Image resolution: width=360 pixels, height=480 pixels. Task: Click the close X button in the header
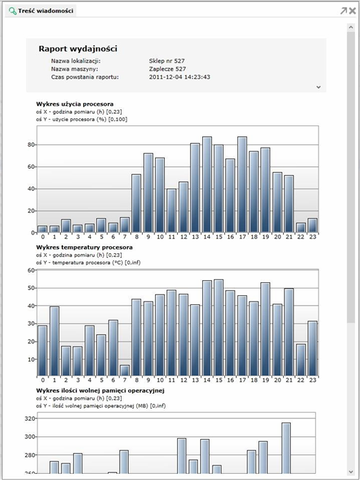point(352,11)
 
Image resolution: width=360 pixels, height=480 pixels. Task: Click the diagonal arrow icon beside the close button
point(344,11)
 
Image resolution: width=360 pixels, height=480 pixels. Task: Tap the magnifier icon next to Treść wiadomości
point(12,11)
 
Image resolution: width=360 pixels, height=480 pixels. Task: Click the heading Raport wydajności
point(78,48)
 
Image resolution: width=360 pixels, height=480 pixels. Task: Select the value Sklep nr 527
point(167,61)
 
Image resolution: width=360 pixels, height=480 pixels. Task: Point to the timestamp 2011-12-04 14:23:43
point(179,77)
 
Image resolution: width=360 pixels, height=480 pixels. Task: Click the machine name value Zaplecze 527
point(168,69)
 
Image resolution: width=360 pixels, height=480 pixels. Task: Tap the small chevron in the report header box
point(318,87)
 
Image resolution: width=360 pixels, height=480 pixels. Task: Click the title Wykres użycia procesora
point(75,104)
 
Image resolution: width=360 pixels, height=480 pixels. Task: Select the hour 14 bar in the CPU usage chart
point(207,185)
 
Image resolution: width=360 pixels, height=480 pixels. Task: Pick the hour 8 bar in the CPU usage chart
point(136,203)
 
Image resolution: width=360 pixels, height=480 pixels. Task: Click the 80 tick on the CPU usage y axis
point(30,145)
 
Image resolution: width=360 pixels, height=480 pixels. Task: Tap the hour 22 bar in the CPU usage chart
point(300,228)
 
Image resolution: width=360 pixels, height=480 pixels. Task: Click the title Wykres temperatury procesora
point(84,247)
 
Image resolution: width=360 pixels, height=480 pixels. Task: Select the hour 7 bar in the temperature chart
point(125,371)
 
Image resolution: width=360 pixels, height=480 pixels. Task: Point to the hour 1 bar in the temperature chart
point(54,342)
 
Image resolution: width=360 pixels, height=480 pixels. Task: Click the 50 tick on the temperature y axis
point(30,288)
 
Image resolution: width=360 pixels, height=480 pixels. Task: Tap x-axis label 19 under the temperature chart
point(265,380)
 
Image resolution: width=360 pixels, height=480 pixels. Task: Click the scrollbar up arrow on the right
point(351,28)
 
